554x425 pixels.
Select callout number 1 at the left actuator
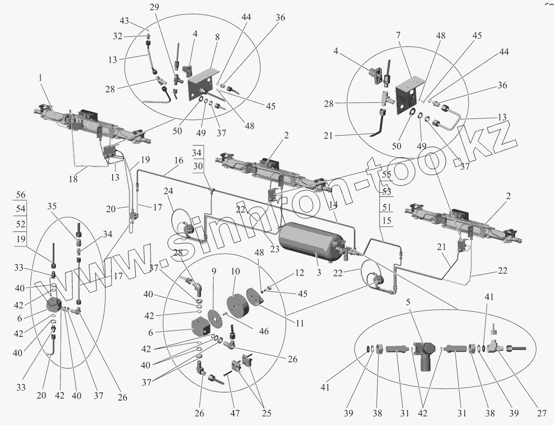(41, 79)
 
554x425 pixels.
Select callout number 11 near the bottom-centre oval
(300, 323)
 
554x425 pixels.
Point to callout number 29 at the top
(154, 7)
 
